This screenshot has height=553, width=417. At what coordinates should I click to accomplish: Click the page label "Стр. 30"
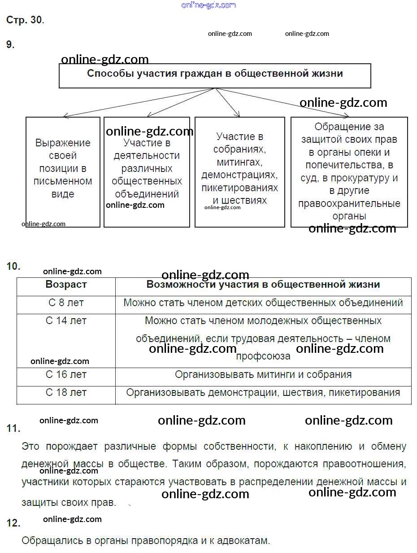coord(24,20)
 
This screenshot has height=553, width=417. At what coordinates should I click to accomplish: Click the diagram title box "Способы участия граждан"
coord(215,75)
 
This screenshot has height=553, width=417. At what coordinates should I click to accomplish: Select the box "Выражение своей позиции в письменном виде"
coord(63,172)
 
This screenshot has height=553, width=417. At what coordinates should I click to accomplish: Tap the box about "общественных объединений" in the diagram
coord(147,172)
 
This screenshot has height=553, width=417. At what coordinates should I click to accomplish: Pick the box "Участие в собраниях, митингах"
coord(239,172)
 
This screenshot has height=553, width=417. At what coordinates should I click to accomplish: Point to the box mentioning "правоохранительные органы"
coord(349,172)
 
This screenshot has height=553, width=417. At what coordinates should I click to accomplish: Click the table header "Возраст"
coord(66,285)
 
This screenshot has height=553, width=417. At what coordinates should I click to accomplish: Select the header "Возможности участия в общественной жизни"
coord(263,285)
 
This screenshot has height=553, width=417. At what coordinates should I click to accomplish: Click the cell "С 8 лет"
coord(66,303)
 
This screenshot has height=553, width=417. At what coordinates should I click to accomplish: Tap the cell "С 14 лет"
coord(66,321)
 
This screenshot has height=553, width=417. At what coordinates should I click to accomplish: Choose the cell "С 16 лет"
coord(66,375)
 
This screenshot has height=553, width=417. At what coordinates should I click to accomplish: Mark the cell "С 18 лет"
coord(66,393)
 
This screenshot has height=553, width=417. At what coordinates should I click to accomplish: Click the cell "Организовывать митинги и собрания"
coord(263,375)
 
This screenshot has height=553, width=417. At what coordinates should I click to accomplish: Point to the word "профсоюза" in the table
coord(263,356)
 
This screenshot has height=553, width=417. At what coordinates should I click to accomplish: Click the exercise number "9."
coord(10,44)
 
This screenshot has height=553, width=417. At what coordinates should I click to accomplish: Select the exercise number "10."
coord(13,266)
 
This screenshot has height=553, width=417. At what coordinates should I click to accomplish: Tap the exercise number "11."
coord(13,429)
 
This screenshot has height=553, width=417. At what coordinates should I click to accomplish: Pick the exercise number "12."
coord(13,523)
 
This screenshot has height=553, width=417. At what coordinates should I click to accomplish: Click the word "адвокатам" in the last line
coord(245,541)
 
